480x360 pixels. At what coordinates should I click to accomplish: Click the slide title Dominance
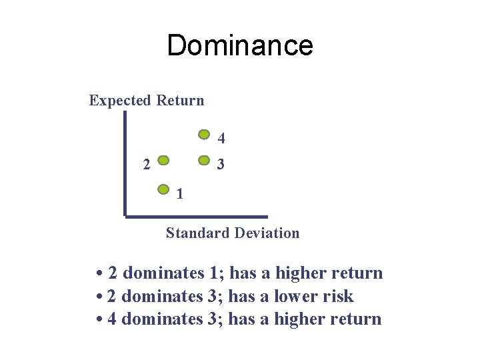point(239,45)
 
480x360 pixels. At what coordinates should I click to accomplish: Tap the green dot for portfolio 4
point(205,133)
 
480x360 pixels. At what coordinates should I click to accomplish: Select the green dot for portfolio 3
point(205,161)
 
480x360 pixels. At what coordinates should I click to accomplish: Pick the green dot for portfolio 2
point(163,161)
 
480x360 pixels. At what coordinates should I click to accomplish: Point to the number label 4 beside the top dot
point(221,139)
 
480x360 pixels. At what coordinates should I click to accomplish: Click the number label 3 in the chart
point(221,163)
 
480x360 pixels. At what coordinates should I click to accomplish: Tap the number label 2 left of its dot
point(146,164)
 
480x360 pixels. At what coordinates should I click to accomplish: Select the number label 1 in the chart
point(179,195)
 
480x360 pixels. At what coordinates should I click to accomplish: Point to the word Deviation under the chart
point(269,233)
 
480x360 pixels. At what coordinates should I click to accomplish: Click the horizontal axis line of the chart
point(196,216)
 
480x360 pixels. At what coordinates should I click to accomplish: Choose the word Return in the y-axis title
point(180,101)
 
